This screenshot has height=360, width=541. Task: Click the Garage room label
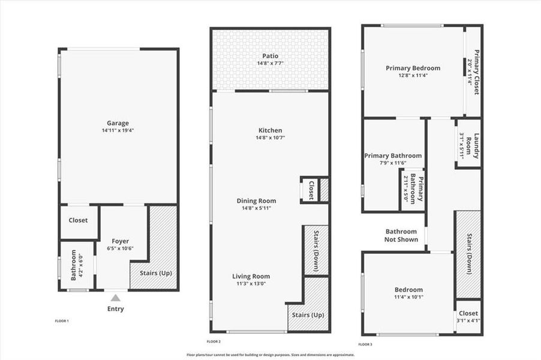tap(118, 123)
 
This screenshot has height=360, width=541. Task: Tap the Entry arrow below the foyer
tap(116, 297)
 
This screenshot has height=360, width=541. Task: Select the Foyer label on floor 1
tap(121, 241)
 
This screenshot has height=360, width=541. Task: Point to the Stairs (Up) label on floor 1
tap(155, 273)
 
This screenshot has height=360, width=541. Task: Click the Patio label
tap(270, 56)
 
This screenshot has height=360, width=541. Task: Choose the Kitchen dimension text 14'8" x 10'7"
tap(270, 137)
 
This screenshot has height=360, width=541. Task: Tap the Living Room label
tap(251, 277)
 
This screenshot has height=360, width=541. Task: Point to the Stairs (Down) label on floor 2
tap(317, 250)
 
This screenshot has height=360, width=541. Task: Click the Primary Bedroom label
tap(413, 68)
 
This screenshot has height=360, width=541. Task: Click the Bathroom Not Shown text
tap(401, 235)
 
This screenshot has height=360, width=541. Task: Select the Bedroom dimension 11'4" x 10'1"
tap(408, 297)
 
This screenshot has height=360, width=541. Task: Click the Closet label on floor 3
tap(468, 313)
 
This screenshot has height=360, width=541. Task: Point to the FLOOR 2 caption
tap(214, 341)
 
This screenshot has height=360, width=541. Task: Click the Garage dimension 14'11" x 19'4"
tap(118, 130)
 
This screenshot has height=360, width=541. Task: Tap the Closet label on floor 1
tap(78, 220)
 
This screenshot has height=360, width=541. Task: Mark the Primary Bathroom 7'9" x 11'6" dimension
tap(393, 163)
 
